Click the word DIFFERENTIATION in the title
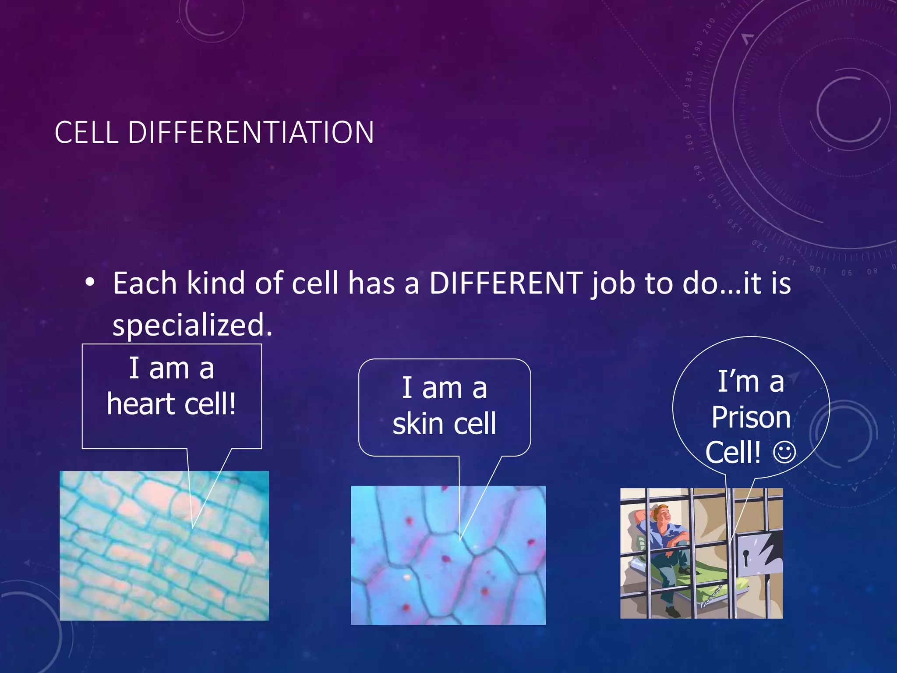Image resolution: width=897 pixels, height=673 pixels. tap(251, 132)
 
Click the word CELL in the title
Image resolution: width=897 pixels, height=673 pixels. tap(86, 132)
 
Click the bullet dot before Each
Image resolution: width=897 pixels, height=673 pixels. tap(90, 283)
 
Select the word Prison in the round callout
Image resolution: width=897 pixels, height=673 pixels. tap(751, 417)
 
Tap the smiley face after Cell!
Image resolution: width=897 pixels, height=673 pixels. tap(784, 453)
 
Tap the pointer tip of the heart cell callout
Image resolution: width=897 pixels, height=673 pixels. tap(193, 527)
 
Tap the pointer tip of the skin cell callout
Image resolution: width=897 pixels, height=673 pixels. tap(460, 539)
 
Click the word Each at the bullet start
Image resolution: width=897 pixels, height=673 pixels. tap(145, 283)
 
